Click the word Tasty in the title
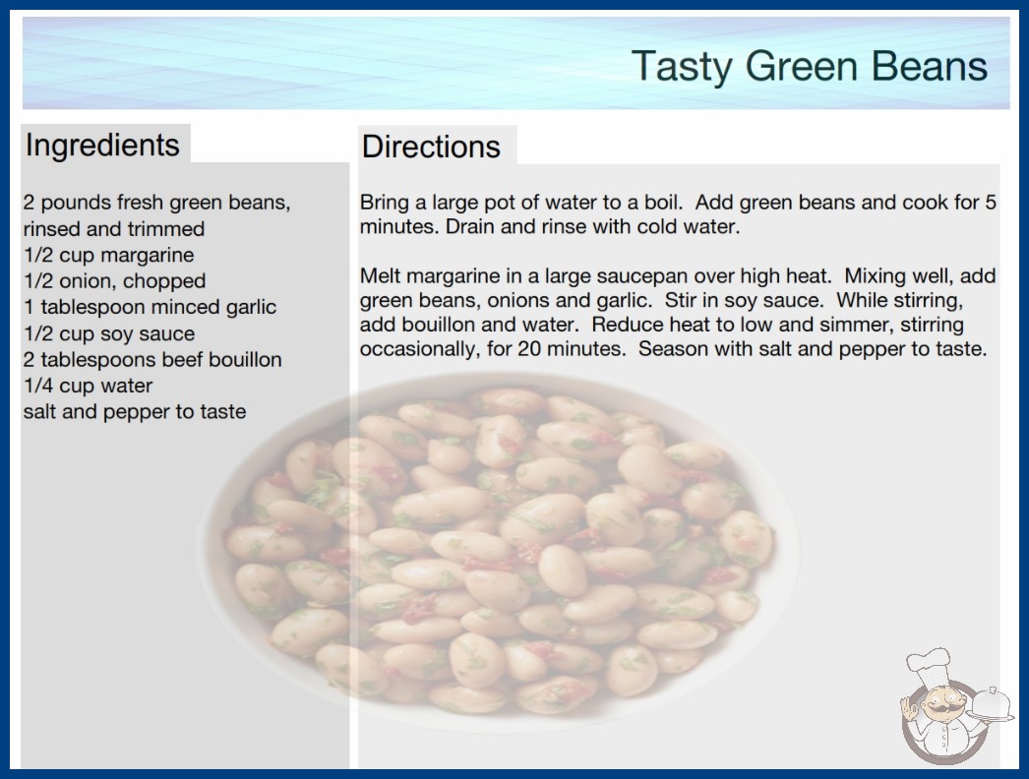pos(682,67)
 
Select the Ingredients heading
pos(102,146)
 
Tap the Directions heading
pos(431,147)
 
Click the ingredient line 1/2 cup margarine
pos(109,256)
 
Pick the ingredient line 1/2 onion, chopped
pos(115,281)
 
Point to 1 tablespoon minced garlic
pos(151,307)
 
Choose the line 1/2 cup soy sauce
pos(109,333)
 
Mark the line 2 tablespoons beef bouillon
pos(152,360)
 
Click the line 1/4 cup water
pos(88,386)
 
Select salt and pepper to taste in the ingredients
pos(135,412)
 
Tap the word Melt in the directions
pos(379,275)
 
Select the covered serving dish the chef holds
pos(992,705)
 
